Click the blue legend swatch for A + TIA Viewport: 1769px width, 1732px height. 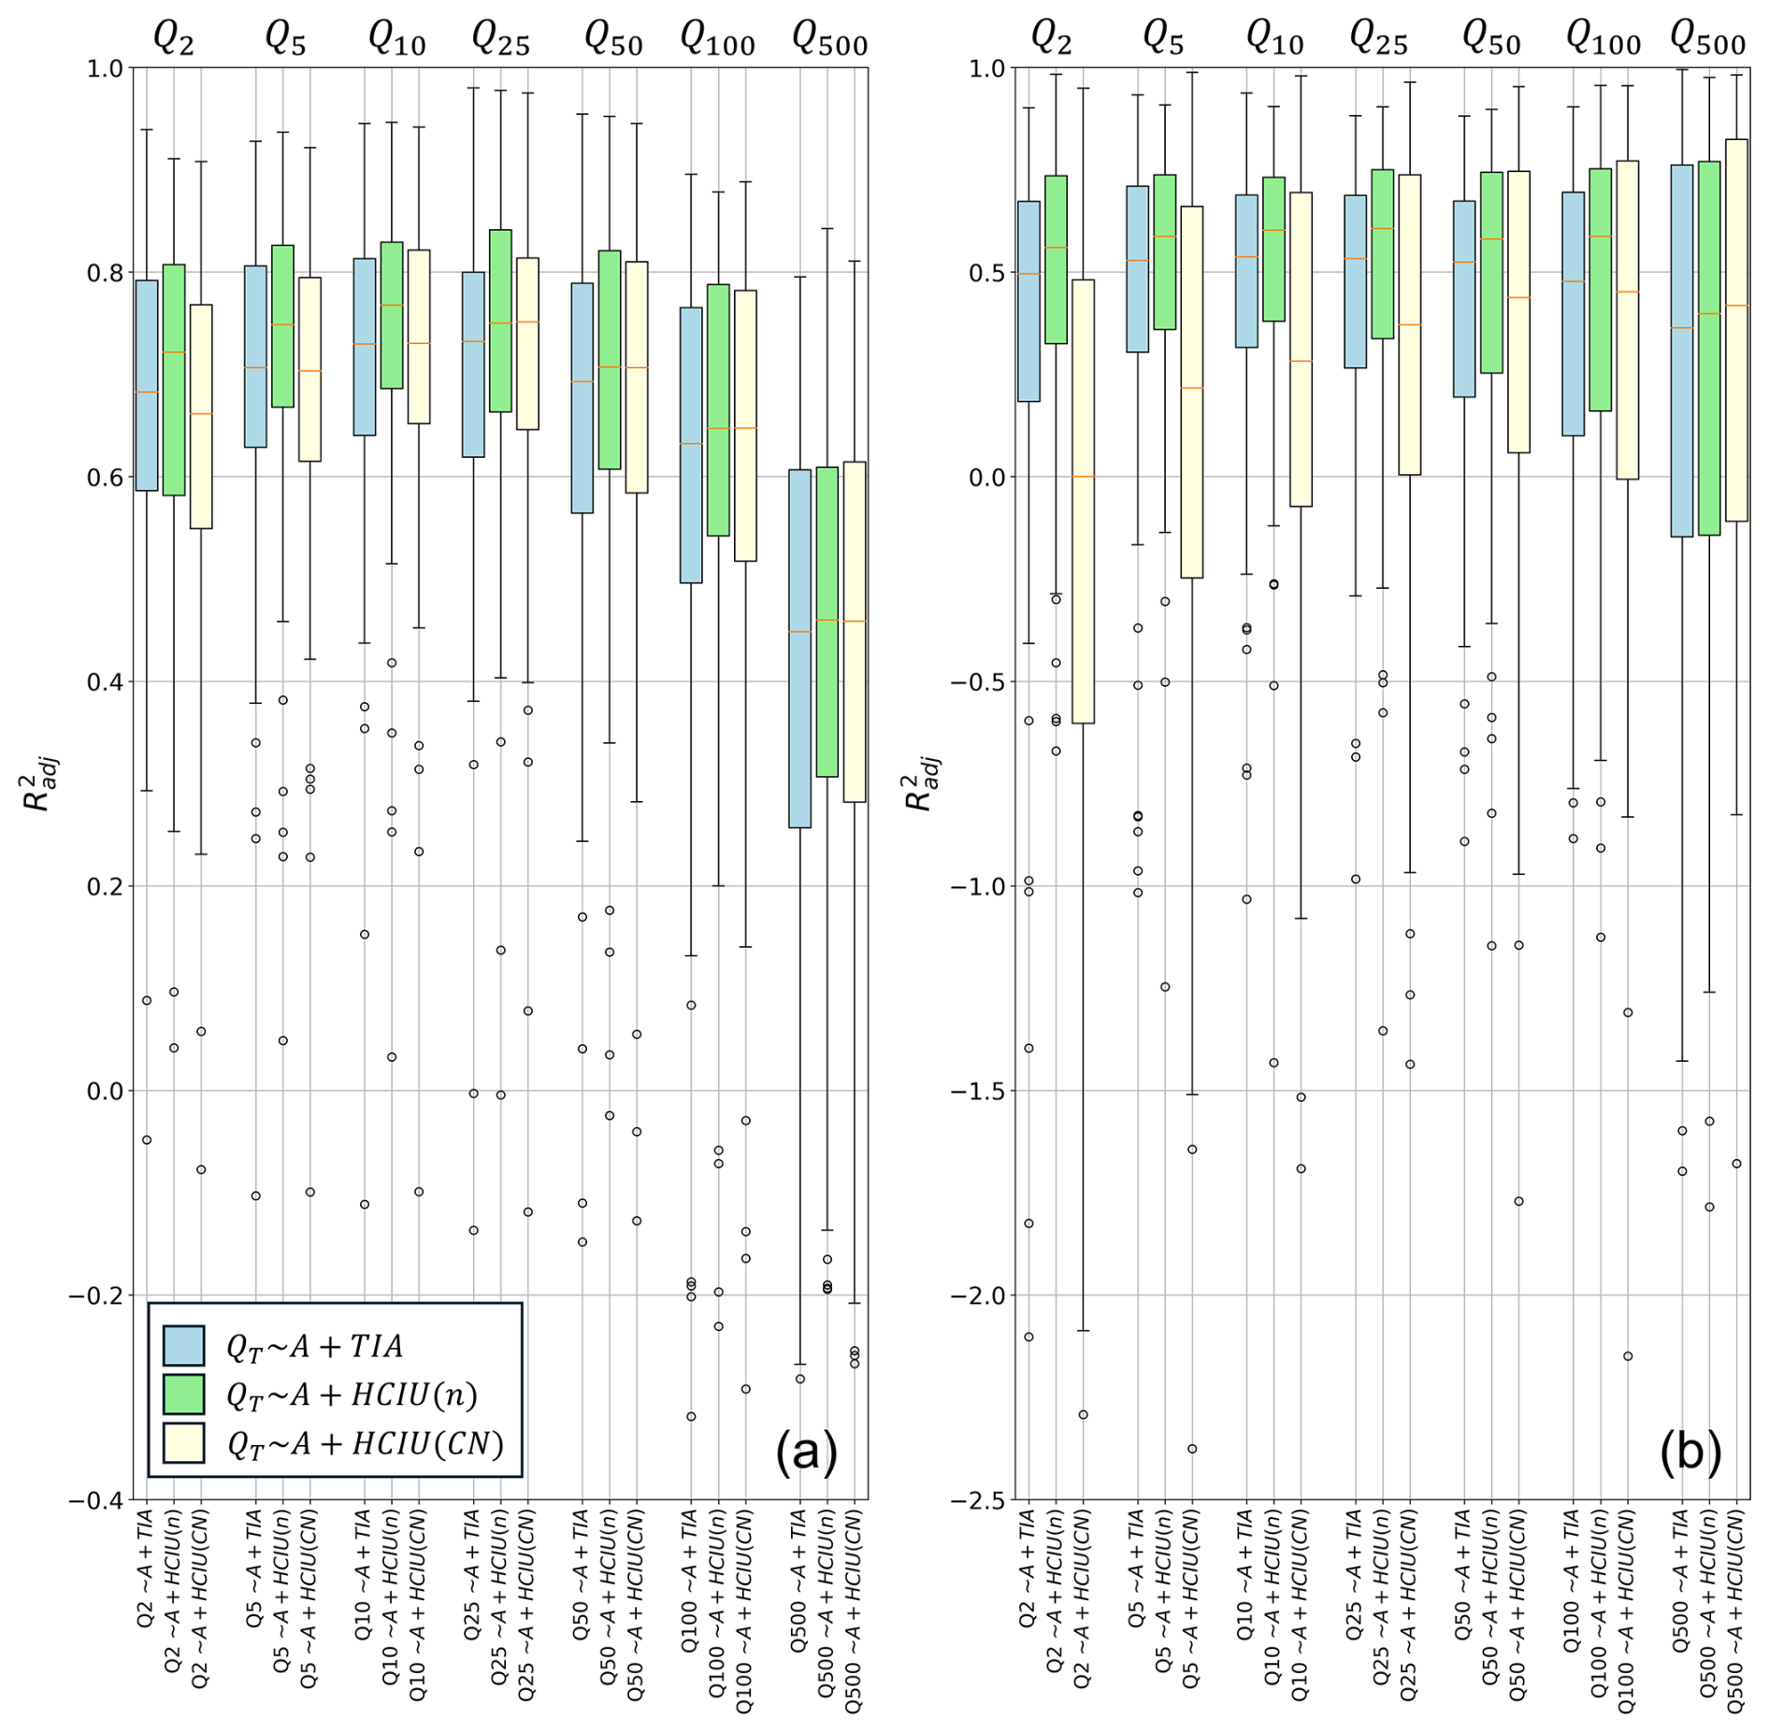[183, 1345]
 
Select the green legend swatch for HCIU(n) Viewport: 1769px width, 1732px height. [183, 1394]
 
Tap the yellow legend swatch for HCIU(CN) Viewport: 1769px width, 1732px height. [183, 1442]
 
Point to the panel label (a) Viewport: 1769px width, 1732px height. [806, 1452]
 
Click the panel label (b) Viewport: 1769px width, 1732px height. [1690, 1452]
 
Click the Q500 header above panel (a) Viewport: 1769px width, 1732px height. [829, 38]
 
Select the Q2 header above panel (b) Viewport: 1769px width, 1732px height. [1051, 38]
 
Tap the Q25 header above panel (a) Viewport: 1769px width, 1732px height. [500, 38]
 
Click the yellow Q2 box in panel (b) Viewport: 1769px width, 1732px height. [1083, 501]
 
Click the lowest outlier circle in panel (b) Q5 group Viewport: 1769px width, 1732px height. [1192, 1449]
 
